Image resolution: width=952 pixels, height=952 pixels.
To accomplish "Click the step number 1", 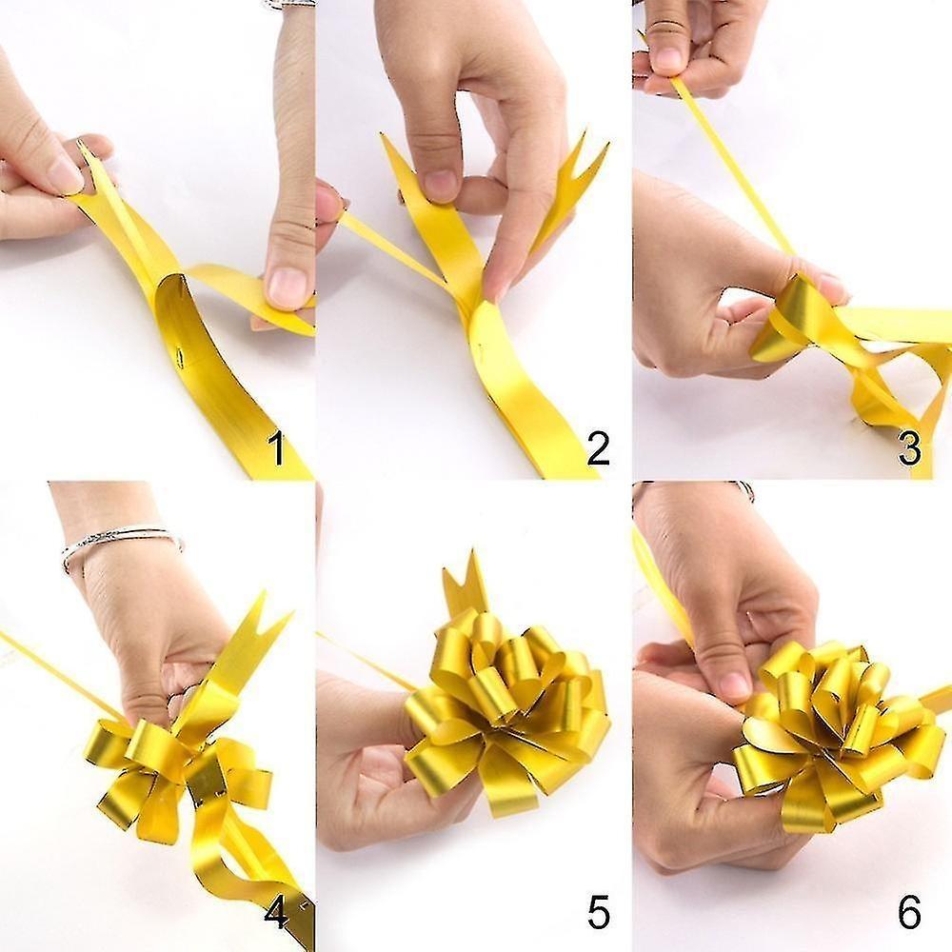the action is pyautogui.click(x=277, y=448).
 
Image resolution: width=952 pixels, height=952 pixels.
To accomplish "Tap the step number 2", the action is pyautogui.click(x=598, y=448).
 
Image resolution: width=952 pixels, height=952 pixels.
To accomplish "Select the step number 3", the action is pyautogui.click(x=909, y=448).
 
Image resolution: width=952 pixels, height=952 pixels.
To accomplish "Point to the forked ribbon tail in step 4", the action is pyautogui.click(x=252, y=638).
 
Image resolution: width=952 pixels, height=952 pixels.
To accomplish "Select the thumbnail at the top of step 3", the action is pyautogui.click(x=668, y=59).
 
